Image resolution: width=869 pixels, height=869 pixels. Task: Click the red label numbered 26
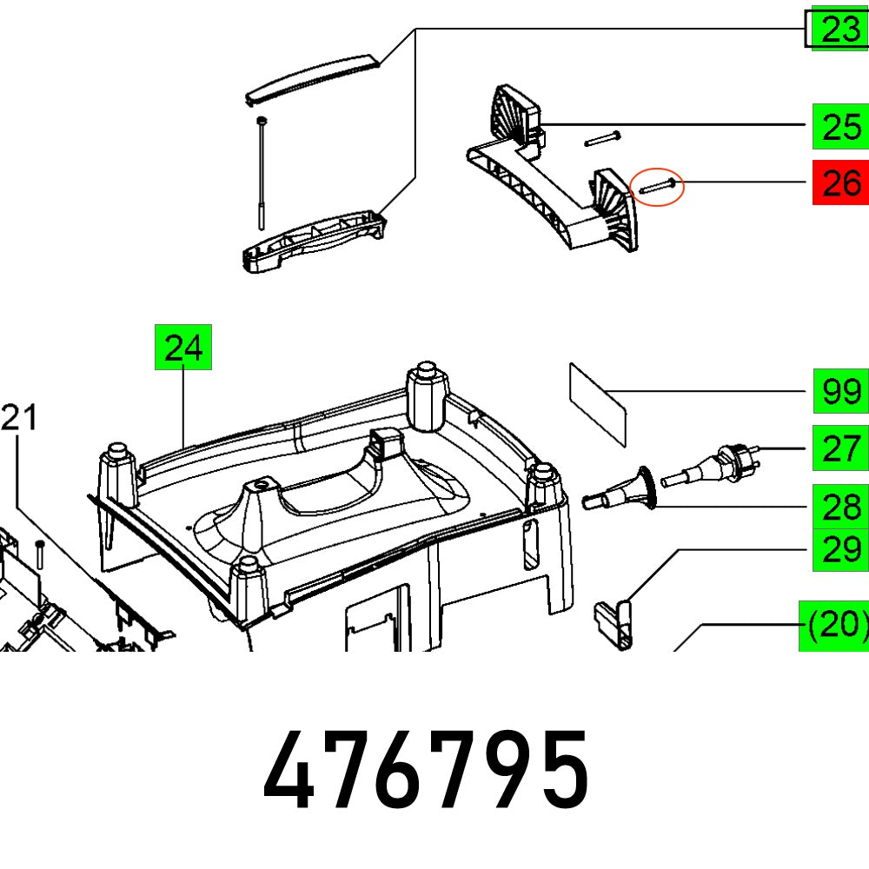point(840,183)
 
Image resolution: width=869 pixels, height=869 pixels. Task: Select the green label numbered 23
point(839,31)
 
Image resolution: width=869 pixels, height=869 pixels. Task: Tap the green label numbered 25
point(840,127)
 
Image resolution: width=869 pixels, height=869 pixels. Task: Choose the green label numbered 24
point(183,348)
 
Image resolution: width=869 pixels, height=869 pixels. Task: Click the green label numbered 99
point(840,392)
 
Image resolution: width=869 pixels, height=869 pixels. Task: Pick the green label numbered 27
point(840,448)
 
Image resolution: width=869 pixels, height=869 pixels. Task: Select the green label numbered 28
point(840,502)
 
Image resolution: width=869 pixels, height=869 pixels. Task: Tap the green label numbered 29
point(840,549)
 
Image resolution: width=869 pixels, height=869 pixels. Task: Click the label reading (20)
point(834,625)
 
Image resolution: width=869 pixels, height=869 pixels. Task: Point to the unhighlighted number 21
point(19,418)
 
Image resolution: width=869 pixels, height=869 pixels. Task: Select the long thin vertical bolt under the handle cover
point(261,174)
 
